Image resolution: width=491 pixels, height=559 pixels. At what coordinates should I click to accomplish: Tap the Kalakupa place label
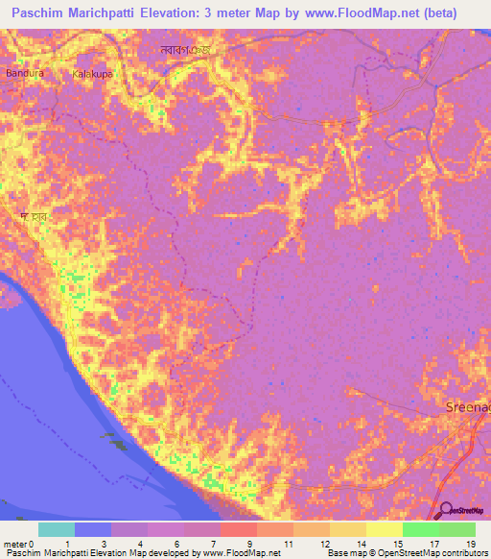[x=93, y=73]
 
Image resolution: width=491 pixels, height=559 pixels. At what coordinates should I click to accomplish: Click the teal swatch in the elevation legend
[x=57, y=529]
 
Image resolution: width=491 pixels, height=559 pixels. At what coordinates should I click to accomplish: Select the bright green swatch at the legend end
[x=456, y=529]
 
